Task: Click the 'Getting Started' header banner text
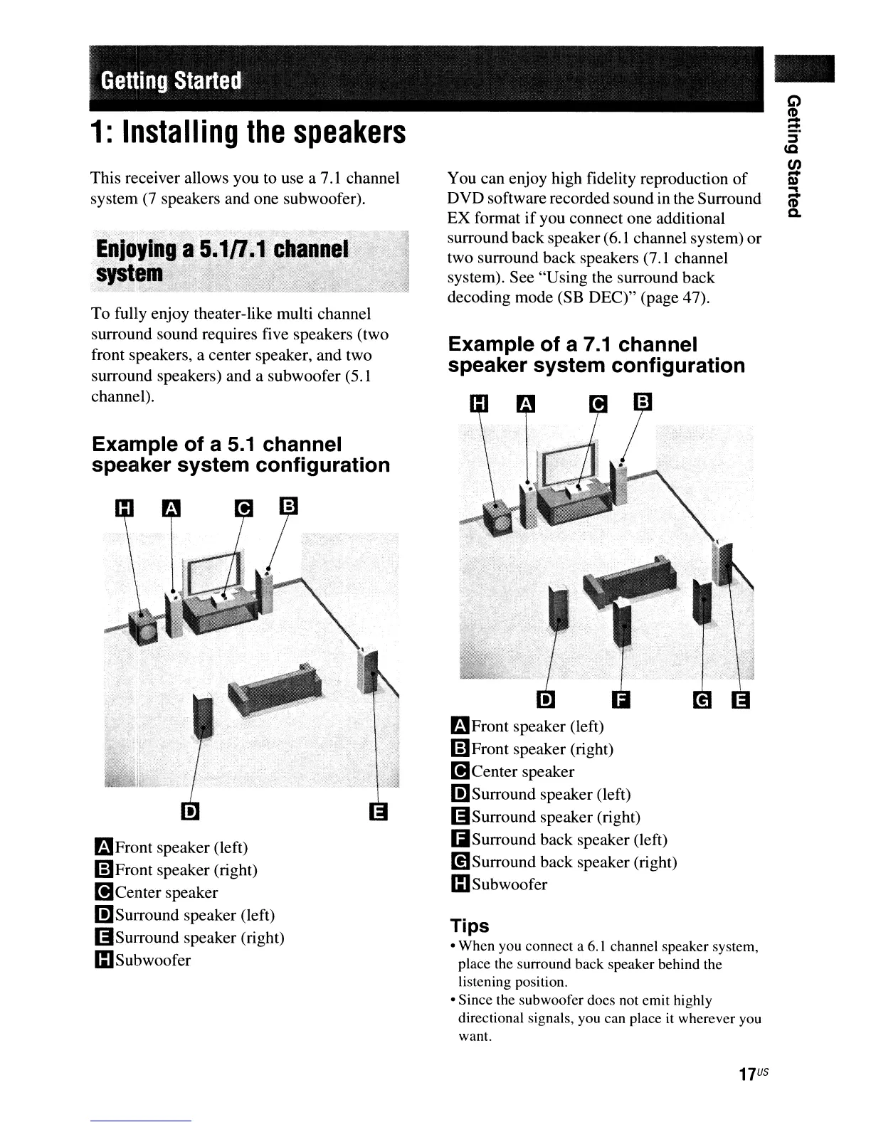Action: click(x=171, y=80)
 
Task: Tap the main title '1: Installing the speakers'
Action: click(x=248, y=132)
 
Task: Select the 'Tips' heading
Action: click(x=470, y=926)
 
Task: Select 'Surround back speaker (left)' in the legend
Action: click(x=569, y=840)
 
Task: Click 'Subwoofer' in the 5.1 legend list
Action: click(x=153, y=960)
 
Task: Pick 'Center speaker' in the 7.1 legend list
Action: click(x=522, y=771)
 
